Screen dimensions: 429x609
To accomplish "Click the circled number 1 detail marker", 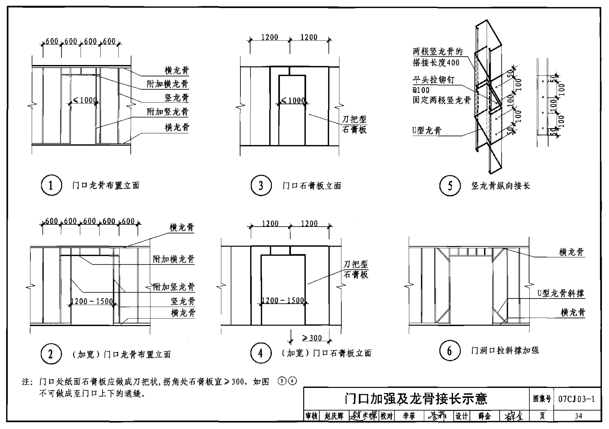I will (51, 185).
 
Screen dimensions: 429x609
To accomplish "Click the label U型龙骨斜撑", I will (560, 293).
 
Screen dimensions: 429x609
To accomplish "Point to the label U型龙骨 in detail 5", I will (427, 131).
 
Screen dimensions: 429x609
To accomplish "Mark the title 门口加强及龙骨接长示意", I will (416, 399).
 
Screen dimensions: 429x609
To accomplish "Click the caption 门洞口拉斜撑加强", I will (505, 350).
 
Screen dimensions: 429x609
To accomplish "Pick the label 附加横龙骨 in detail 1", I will (168, 84).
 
